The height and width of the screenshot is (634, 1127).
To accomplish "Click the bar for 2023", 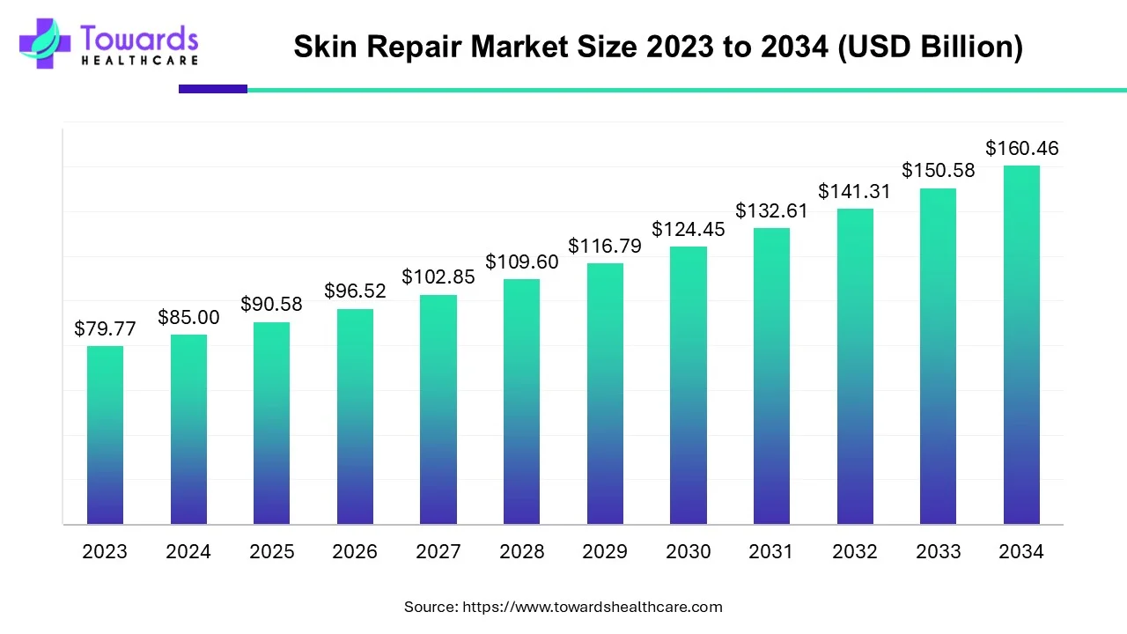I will tap(105, 435).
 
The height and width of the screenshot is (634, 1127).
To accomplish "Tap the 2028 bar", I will tap(521, 402).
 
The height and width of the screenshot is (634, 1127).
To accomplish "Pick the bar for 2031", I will tap(771, 376).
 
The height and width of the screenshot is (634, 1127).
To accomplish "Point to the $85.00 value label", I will tap(188, 318).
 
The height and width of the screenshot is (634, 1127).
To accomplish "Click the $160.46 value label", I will tap(1021, 149).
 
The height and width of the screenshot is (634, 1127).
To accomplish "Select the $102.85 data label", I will tap(438, 276).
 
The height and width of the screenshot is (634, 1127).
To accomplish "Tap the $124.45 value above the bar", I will tap(688, 229).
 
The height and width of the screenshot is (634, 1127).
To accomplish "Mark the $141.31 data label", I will tap(854, 191).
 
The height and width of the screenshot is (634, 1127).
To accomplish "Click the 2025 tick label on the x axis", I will tap(271, 552).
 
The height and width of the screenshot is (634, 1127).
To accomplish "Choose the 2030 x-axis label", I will tap(688, 552).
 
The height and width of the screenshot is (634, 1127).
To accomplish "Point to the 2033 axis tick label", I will tap(938, 552).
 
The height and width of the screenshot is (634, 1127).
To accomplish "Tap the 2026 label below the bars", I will tap(355, 552).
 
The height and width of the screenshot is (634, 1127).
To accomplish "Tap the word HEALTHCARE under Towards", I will tap(139, 60).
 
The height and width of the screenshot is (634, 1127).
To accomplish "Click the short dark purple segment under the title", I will tap(213, 89).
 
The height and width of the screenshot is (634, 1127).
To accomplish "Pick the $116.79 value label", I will tap(604, 247).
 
